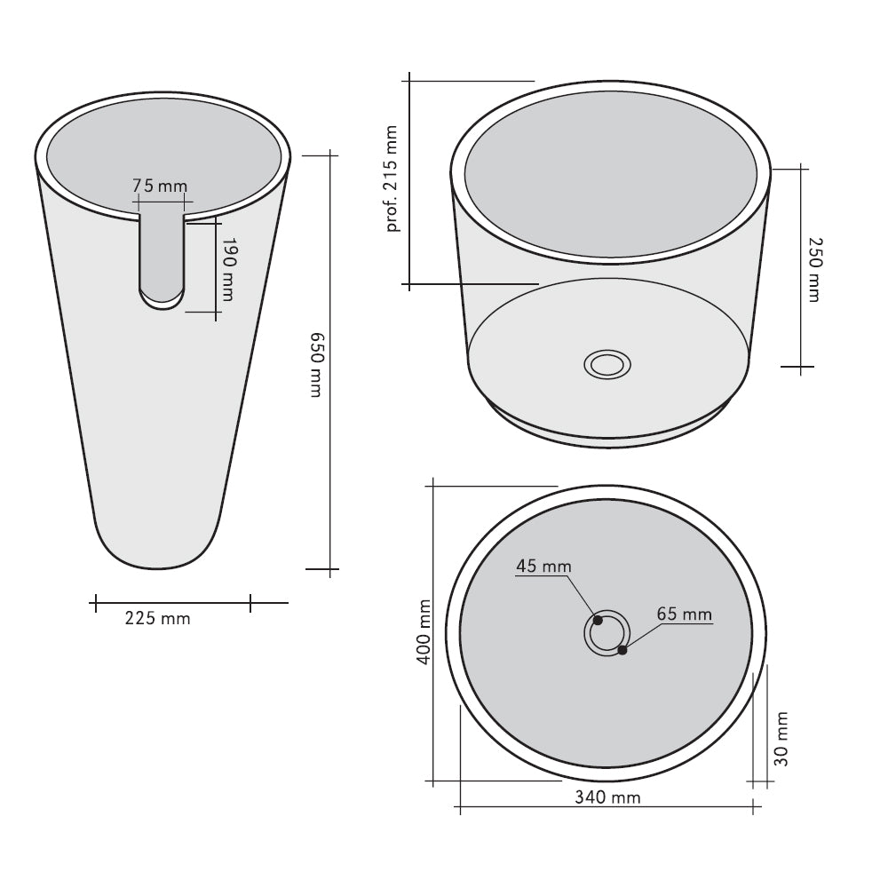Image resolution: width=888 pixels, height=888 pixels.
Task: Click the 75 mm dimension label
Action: [160, 186]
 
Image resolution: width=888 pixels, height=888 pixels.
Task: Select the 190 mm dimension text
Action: [227, 268]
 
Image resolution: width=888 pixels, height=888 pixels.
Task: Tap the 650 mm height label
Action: [316, 364]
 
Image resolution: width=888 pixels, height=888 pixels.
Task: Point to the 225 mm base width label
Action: [158, 619]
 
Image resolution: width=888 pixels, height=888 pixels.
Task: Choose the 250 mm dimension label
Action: [812, 269]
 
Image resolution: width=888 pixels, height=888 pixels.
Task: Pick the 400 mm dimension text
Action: [424, 631]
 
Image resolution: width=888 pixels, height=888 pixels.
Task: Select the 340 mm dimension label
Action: [607, 797]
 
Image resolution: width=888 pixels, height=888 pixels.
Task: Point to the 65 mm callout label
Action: [684, 614]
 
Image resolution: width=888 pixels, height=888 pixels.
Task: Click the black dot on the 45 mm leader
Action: [599, 621]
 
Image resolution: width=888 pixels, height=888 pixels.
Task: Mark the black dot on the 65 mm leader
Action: [622, 650]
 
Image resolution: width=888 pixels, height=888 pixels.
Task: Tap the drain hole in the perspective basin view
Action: [607, 364]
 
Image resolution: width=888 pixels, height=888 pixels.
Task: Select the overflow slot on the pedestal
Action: [163, 258]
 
